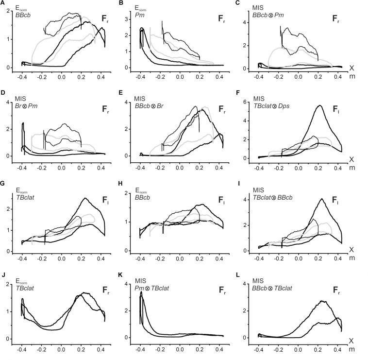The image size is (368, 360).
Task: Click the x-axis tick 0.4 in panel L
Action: tap(335, 348)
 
